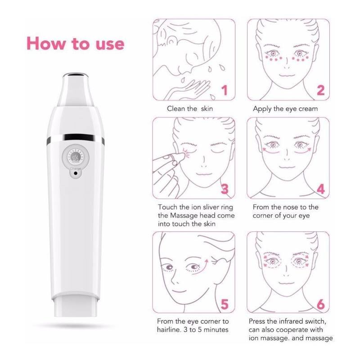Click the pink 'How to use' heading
pos(75,44)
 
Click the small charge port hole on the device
pos(75,173)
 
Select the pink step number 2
pos(320,90)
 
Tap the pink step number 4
pos(320,189)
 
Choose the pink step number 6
pos(320,305)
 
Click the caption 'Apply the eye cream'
pos(285,108)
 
